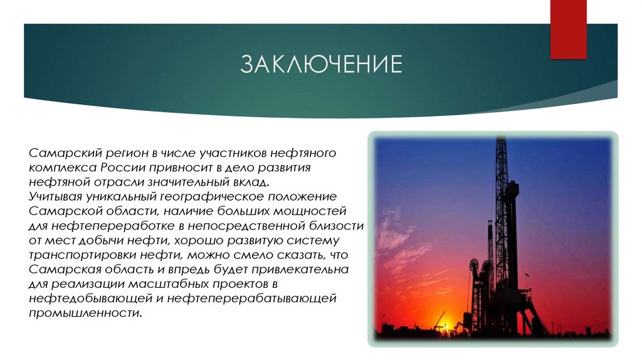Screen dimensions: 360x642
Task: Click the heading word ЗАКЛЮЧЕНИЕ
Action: pos(322,65)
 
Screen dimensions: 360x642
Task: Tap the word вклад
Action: pos(251,182)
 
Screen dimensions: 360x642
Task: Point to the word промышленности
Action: pos(84,312)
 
